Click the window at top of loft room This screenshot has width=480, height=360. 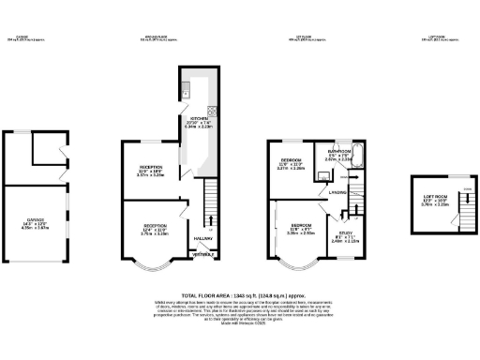[430, 177]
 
